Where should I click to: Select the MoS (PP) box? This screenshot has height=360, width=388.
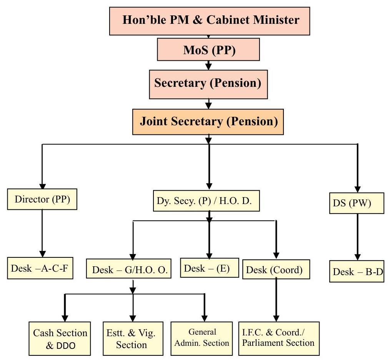coord(209,50)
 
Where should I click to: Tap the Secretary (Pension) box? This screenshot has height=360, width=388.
coord(208,84)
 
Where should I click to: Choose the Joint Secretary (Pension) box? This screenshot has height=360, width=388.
coord(208,122)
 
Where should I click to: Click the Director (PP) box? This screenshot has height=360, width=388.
coord(42,200)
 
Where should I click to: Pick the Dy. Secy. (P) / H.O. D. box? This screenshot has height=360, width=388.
coord(206,201)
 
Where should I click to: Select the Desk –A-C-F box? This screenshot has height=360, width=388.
coord(40,268)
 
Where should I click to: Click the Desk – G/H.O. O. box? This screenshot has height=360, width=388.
coord(130,270)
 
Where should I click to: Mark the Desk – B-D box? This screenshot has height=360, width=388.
coord(357,272)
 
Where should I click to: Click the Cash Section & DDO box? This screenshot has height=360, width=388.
coord(60,339)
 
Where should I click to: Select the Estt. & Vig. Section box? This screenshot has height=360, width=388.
coord(132,339)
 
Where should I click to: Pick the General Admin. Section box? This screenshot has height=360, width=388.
coord(201,337)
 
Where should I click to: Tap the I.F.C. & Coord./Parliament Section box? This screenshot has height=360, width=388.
coord(278,337)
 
